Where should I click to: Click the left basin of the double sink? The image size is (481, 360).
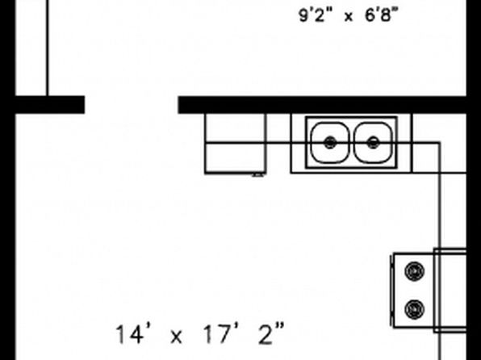coord(330,143)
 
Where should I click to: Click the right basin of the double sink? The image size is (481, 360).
coord(373,143)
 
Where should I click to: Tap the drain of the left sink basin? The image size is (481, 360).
coord(330,143)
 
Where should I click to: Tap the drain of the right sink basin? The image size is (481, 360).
coord(373,143)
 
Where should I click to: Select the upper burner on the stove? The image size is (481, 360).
coord(415,271)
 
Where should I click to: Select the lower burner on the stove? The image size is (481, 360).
coord(415,309)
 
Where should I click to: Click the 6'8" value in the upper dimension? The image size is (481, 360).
coord(382,15)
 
